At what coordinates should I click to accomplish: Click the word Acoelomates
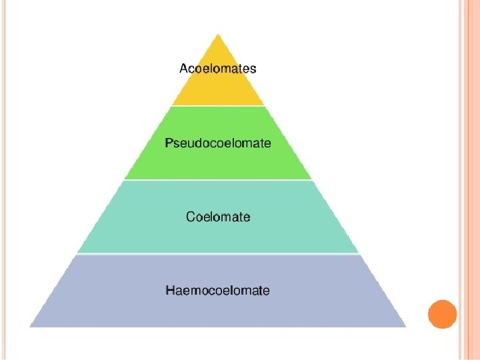pos(218,68)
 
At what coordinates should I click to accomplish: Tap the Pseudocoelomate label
pos(218,143)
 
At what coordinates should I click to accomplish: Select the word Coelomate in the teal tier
pos(218,217)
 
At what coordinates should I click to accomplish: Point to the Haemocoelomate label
pos(218,291)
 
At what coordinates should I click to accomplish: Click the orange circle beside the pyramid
pos(441,313)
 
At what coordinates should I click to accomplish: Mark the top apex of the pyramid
pos(218,33)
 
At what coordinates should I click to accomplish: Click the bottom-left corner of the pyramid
pos(31,326)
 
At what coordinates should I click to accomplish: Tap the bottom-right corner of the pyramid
pos(405,326)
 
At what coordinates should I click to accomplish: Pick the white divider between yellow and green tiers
pos(218,106)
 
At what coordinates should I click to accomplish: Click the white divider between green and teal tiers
pos(218,180)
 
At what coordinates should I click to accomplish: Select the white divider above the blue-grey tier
pos(218,254)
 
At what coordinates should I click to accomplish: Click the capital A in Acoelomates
pos(184,68)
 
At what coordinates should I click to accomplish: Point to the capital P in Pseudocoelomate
pos(169,143)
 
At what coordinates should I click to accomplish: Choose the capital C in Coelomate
pos(191,217)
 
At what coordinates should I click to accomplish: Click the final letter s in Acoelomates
pos(253,69)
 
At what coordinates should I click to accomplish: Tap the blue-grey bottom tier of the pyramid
pos(218,311)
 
